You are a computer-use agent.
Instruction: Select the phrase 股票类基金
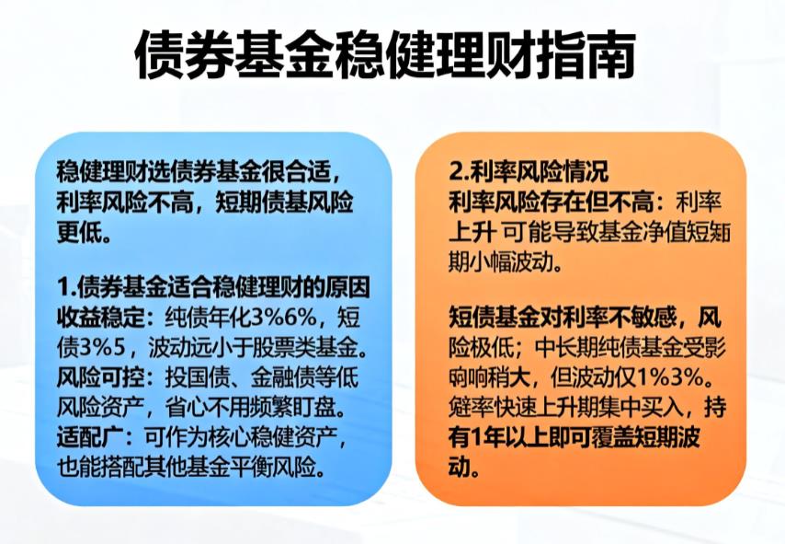point(302,349)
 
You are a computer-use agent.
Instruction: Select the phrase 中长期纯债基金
point(608,349)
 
